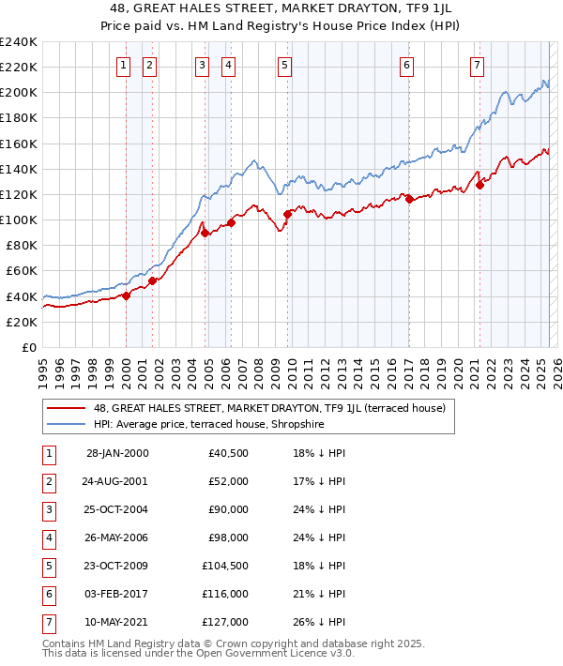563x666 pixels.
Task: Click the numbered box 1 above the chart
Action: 124,66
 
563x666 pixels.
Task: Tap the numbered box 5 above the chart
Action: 284,66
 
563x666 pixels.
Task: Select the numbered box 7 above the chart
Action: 477,66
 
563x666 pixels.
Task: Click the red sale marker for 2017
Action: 408,199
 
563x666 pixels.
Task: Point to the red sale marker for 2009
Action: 287,214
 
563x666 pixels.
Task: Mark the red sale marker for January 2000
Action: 126,295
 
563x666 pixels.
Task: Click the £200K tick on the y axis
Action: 19,93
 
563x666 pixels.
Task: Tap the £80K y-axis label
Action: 20,245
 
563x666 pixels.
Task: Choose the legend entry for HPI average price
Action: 221,423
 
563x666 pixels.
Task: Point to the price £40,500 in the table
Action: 228,453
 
